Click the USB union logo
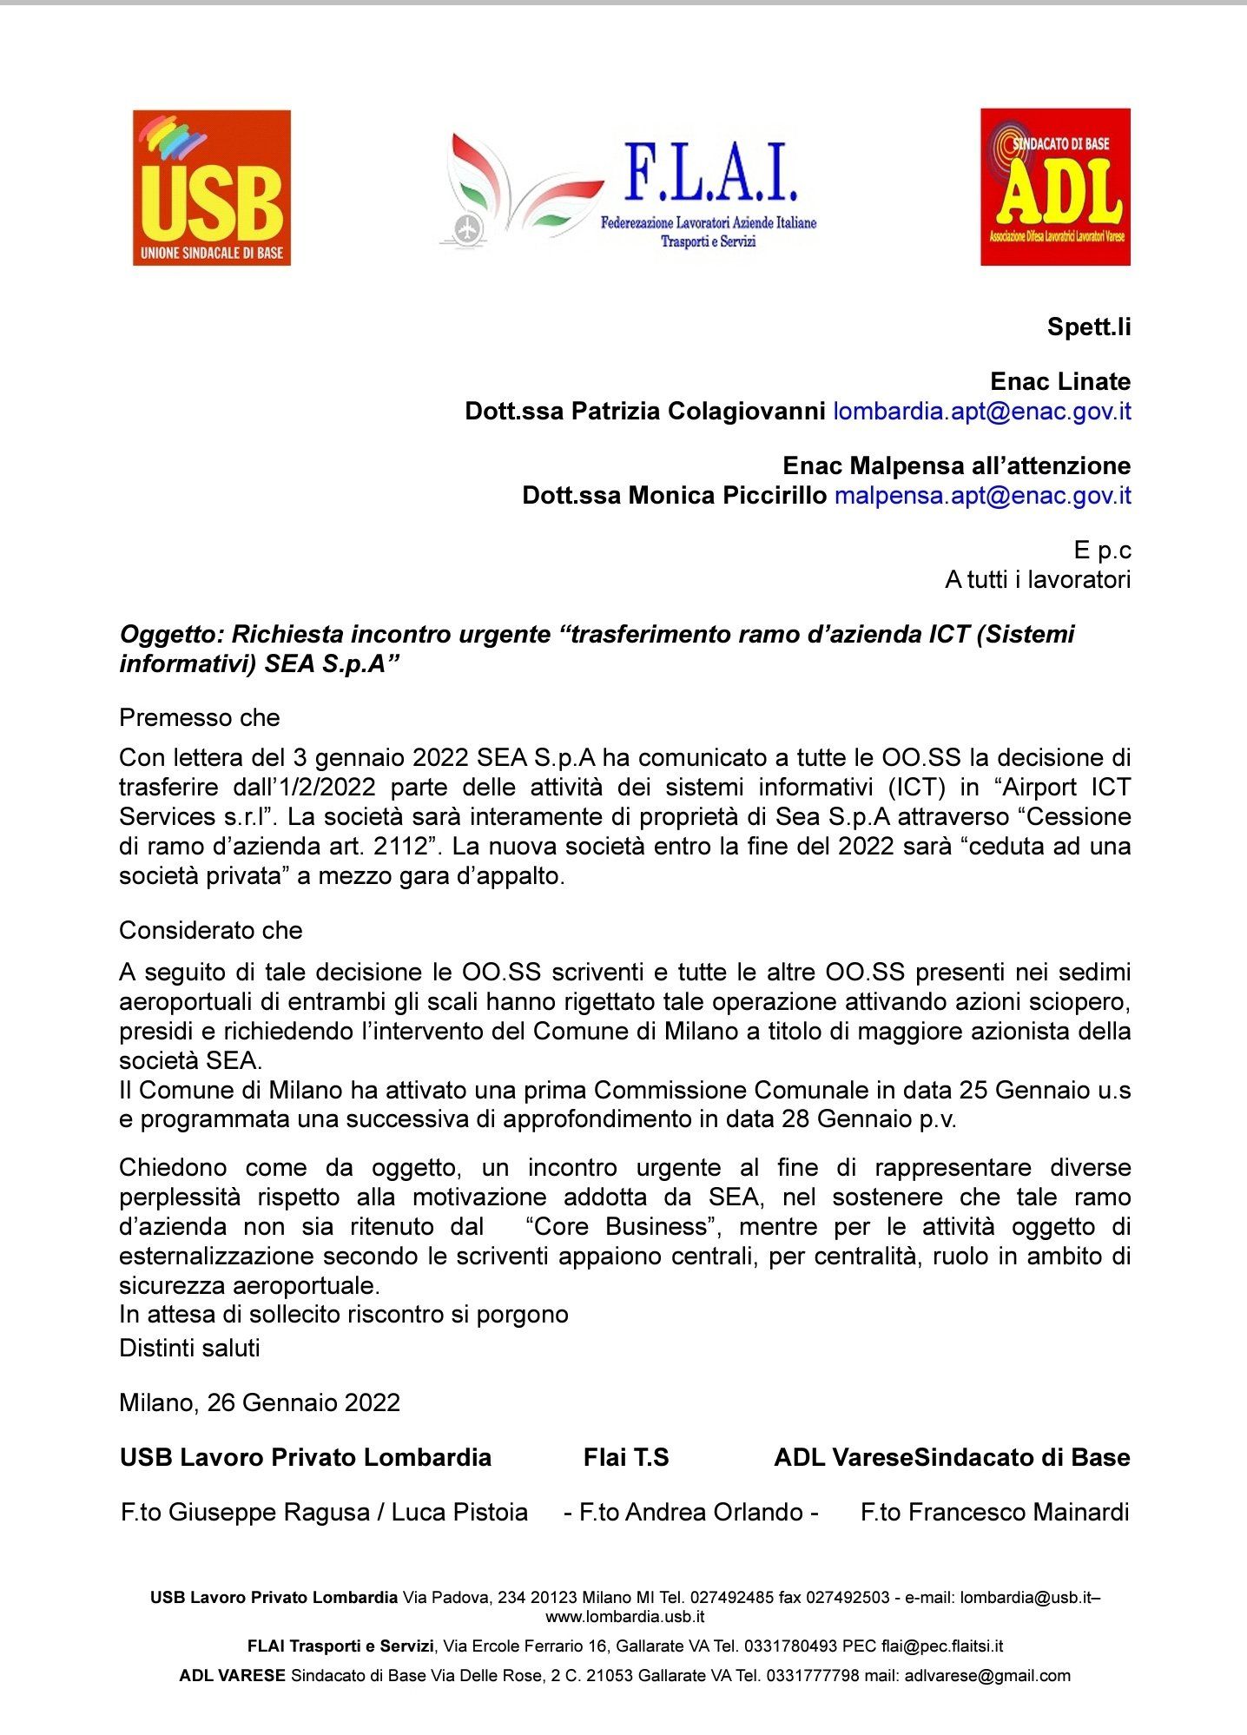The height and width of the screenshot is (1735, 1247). click(x=212, y=188)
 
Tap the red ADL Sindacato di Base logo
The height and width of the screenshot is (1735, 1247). click(x=1055, y=187)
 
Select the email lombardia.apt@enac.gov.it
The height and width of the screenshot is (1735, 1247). click(x=982, y=411)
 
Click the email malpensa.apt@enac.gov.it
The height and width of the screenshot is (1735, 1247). click(x=982, y=495)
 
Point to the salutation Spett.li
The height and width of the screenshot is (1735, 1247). click(x=1089, y=327)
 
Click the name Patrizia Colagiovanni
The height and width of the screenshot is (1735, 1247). click(x=698, y=411)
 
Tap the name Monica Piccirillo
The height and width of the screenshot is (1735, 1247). click(x=728, y=495)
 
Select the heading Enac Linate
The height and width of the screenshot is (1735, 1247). click(x=1060, y=381)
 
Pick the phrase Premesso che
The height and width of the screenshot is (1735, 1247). click(x=200, y=717)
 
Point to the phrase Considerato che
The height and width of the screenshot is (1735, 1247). click(x=211, y=930)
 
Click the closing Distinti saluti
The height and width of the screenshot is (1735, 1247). click(x=189, y=1348)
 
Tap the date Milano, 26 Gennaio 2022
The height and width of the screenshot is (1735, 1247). click(x=260, y=1402)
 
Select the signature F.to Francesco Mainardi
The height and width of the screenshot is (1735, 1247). click(x=994, y=1512)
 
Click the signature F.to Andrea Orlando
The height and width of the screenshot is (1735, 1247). click(x=690, y=1512)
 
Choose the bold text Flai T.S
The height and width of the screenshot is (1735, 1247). click(x=626, y=1457)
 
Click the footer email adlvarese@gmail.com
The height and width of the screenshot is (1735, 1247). click(x=987, y=1676)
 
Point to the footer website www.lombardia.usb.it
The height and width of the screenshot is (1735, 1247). click(x=624, y=1616)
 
